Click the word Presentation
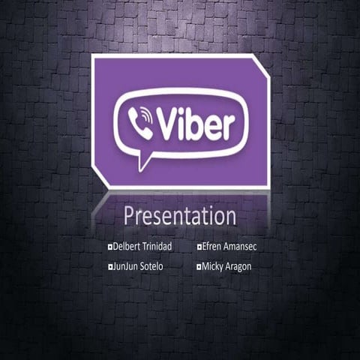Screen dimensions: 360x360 179,217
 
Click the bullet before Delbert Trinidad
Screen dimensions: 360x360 110,247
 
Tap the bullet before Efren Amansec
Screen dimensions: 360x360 199,247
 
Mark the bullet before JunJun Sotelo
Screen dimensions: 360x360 110,266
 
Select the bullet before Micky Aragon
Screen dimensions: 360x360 199,266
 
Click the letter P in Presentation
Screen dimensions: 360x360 129,216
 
